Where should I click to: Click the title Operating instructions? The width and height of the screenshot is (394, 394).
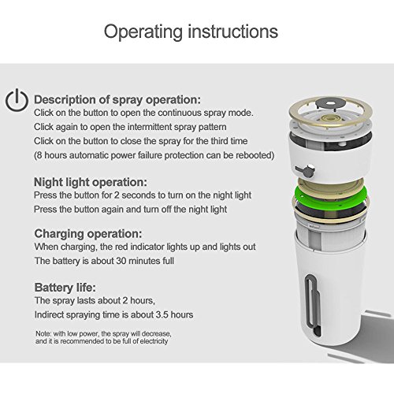(191, 32)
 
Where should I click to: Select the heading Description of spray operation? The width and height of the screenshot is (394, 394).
(117, 100)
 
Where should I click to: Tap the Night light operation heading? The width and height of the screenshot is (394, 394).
(91, 182)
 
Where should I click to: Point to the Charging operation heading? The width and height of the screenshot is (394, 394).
(88, 233)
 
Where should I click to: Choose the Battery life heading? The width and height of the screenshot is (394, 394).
(65, 288)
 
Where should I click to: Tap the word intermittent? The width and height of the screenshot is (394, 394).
(142, 127)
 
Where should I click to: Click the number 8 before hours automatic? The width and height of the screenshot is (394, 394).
(39, 155)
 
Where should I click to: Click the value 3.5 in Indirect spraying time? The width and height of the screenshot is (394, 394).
(162, 314)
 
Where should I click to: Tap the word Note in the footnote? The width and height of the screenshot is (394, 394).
(43, 333)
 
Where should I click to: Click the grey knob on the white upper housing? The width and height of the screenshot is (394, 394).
(305, 171)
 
